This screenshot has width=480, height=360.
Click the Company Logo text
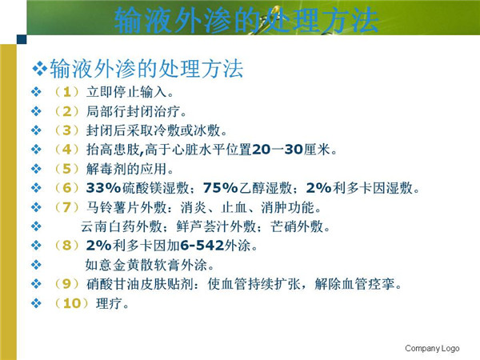tap(432, 348)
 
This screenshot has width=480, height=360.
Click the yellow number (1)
tap(66, 92)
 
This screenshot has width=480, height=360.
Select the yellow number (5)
tap(66, 169)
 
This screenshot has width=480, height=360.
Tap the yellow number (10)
tap(71, 303)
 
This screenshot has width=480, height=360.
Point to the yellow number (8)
tap(66, 246)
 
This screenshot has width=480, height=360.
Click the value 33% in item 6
tap(104, 188)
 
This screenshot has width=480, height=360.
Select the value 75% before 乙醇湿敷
tap(221, 188)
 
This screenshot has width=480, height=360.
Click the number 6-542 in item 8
tap(202, 246)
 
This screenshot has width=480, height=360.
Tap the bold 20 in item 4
tap(261, 150)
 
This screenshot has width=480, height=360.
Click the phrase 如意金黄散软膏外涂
tap(146, 265)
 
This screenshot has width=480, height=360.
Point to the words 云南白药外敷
tap(122, 226)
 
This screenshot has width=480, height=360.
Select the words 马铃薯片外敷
tap(126, 207)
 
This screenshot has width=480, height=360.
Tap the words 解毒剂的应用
tap(126, 169)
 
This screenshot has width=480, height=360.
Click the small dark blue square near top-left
tap(22, 39)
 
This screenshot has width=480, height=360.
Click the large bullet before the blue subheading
tap(39, 69)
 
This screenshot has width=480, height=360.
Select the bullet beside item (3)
tap(36, 130)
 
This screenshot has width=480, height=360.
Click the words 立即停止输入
tap(126, 92)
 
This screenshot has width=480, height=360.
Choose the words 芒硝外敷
tap(297, 226)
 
